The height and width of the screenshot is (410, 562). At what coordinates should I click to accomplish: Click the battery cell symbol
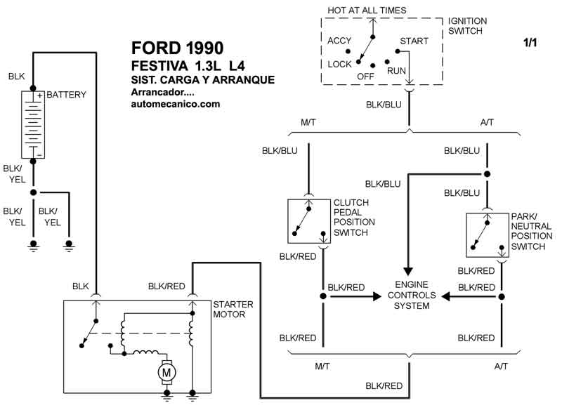tap(32, 124)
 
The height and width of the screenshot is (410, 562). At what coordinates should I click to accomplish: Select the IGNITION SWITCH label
tap(478, 26)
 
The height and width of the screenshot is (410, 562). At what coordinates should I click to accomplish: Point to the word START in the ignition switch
tap(414, 41)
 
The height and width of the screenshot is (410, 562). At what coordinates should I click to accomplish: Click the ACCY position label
tap(340, 41)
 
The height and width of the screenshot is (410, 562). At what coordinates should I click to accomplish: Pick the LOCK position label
tap(339, 64)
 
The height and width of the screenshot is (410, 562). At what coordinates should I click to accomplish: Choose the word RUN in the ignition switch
tap(397, 71)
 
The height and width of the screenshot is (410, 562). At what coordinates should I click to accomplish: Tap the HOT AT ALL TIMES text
tap(367, 11)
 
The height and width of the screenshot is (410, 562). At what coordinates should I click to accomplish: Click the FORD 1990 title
tap(178, 48)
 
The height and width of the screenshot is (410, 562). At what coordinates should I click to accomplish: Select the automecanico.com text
tap(176, 104)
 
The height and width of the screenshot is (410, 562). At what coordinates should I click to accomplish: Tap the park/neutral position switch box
tap(487, 235)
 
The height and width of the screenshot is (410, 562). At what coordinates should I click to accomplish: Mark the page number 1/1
tap(530, 43)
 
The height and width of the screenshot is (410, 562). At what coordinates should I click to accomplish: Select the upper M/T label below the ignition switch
tap(309, 123)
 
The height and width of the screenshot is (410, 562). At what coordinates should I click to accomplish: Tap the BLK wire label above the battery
tap(17, 75)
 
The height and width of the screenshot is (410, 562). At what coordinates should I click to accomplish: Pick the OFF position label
tap(365, 76)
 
